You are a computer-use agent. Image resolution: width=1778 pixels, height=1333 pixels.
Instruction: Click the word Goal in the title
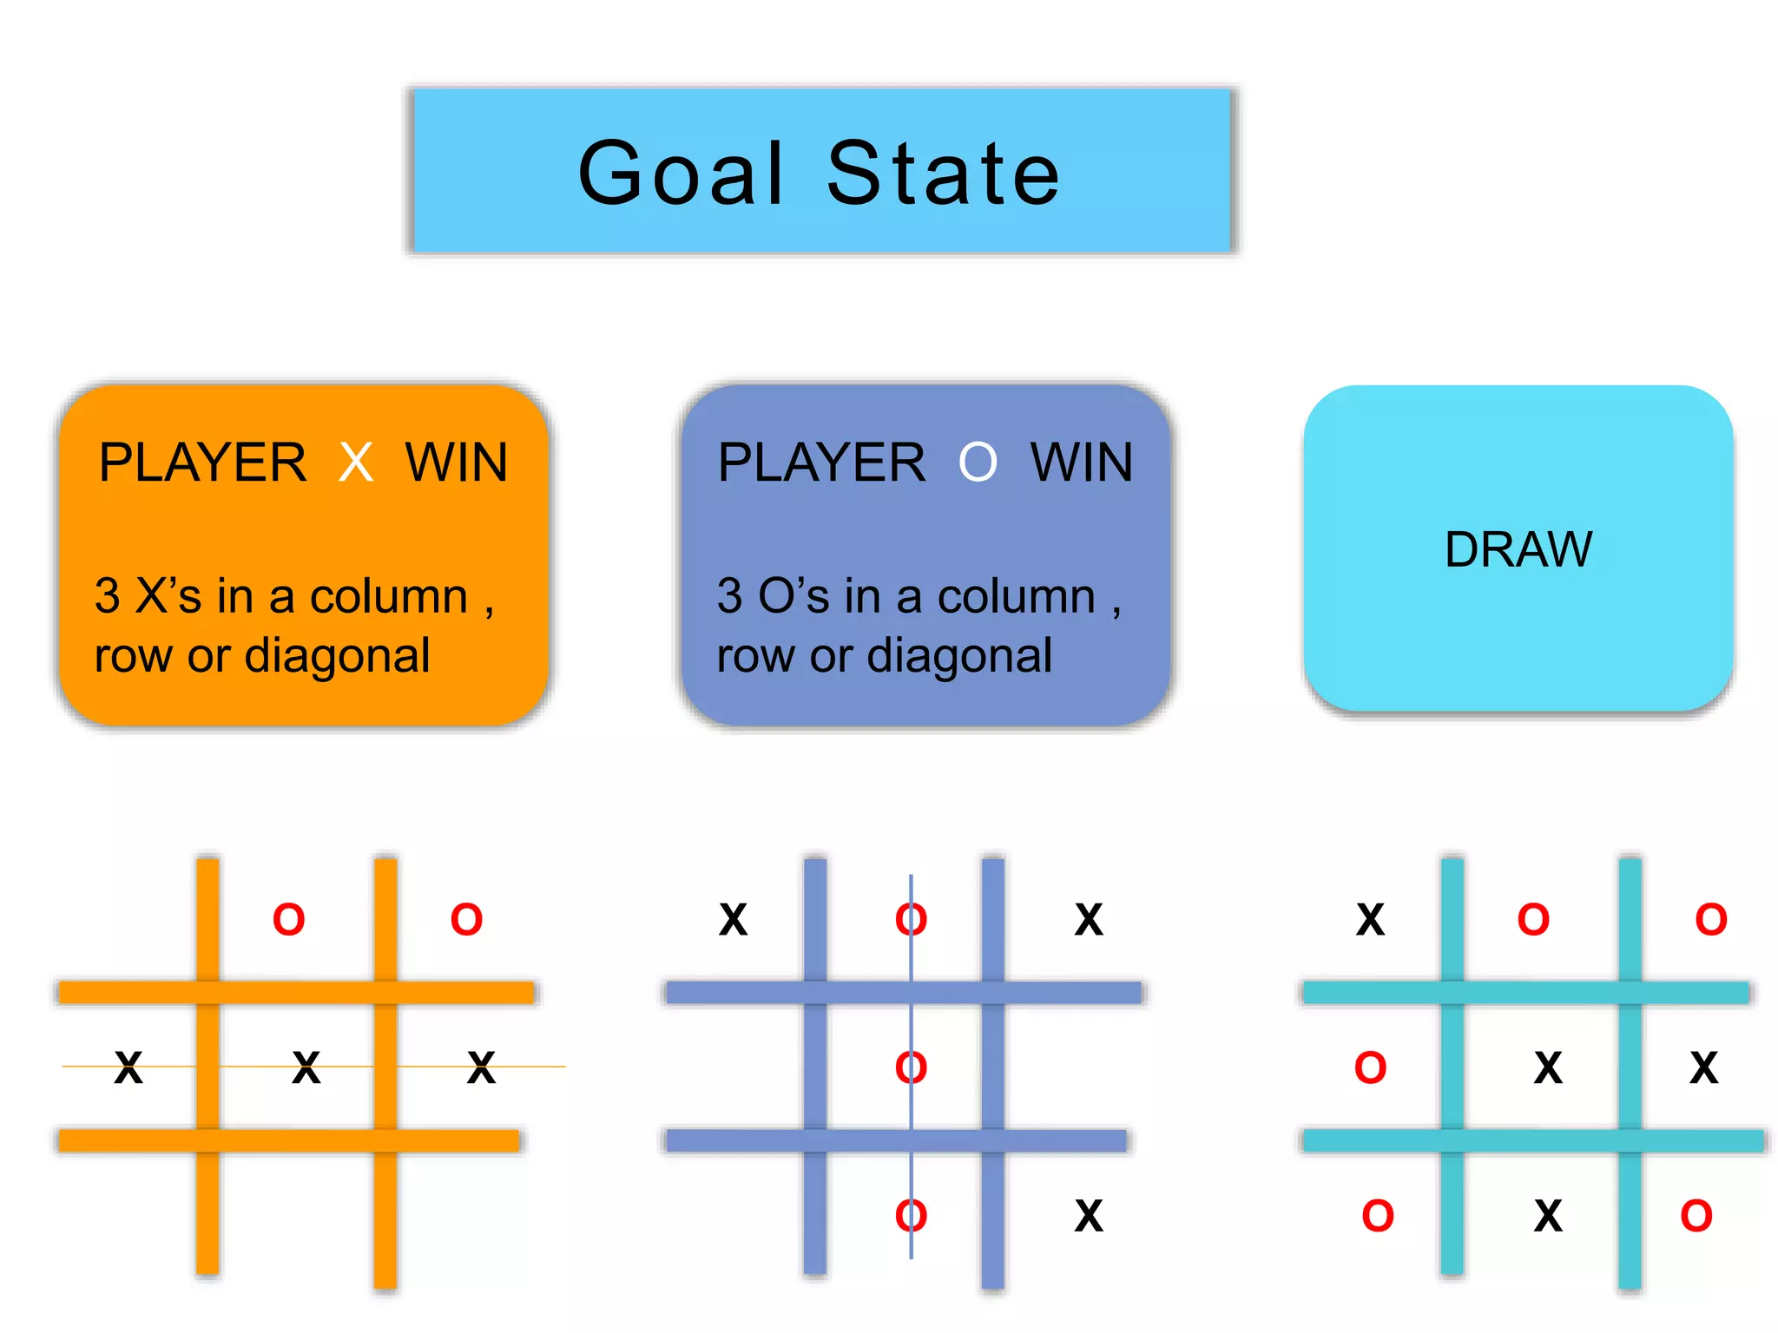pos(682,174)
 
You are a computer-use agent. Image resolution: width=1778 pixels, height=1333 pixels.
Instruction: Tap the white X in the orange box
pos(356,463)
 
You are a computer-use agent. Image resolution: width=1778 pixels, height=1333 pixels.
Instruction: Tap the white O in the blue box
pos(978,463)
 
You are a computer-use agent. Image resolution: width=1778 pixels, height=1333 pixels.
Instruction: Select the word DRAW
pos(1518,549)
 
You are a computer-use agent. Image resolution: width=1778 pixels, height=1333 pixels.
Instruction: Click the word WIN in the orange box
pos(457,463)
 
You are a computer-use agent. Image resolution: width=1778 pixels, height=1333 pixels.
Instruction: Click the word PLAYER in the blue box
pos(821,463)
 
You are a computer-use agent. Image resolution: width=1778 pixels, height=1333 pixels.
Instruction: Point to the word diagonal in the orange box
pos(337,656)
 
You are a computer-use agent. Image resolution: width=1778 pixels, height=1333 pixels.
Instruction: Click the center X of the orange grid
pos(306,1067)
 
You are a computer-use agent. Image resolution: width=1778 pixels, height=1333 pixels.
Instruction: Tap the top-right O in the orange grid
pos(466,920)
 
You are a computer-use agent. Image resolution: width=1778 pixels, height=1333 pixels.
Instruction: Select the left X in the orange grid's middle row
pos(128,1067)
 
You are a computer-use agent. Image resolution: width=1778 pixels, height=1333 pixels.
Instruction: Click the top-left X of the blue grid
pos(733,920)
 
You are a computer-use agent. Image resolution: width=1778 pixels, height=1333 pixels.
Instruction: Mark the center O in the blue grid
pos(911,1067)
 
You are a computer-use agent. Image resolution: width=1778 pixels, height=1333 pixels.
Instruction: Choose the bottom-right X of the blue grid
pos(1089,1216)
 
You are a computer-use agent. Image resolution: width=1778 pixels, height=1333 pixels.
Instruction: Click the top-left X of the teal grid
pos(1370,920)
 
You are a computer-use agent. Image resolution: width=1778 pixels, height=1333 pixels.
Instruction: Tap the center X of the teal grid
pos(1548,1067)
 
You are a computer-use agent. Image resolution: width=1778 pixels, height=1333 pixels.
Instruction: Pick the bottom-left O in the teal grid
pos(1378,1216)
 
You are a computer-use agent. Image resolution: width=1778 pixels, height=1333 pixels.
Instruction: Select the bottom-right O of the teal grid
pos(1696,1216)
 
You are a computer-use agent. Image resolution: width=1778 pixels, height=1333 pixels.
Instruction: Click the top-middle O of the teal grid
pos(1533,920)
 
